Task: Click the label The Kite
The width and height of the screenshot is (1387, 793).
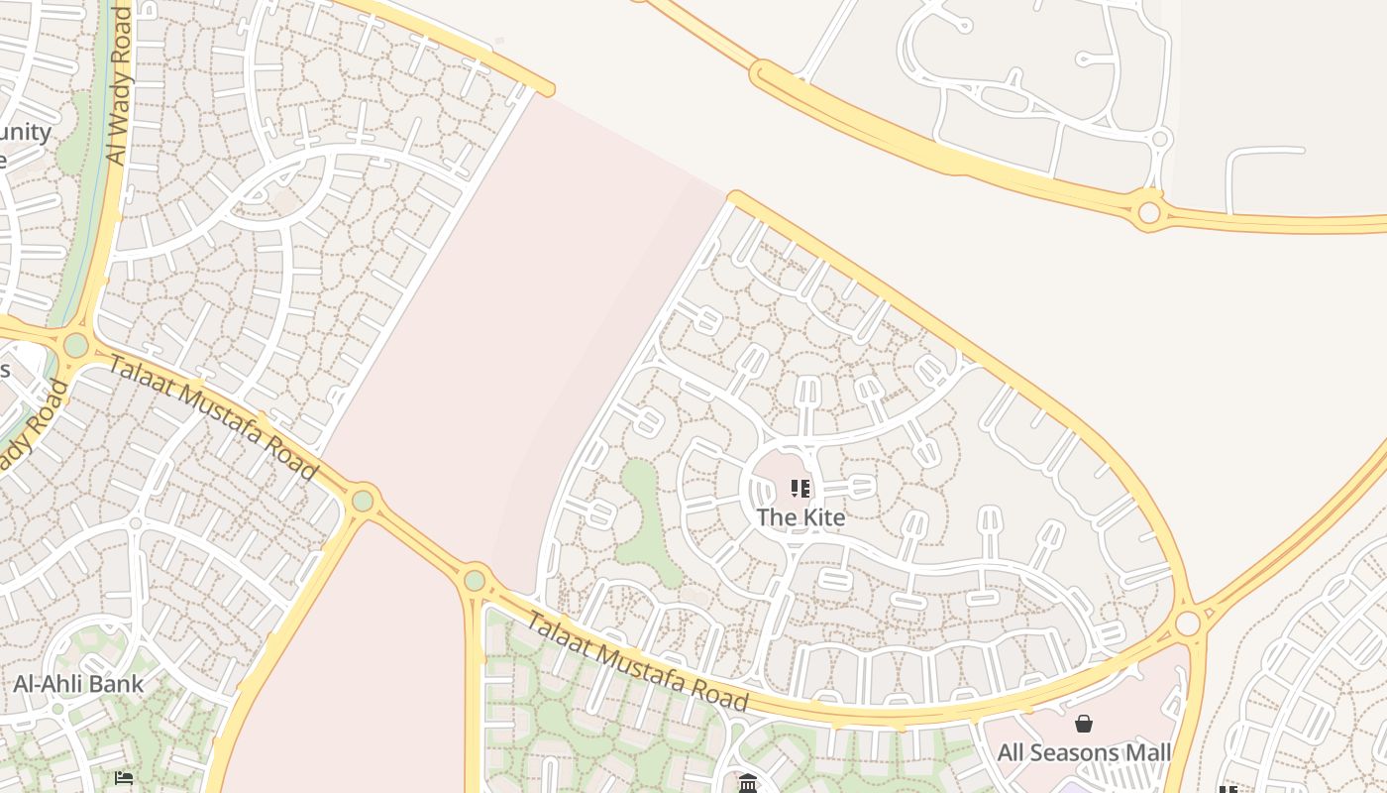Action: (x=800, y=517)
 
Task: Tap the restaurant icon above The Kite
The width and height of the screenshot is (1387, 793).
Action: (x=800, y=488)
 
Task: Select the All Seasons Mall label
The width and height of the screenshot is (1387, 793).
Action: (x=1084, y=752)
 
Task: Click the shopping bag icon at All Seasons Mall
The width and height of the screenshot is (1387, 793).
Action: (x=1084, y=725)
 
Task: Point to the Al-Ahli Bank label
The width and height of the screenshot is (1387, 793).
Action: (x=78, y=684)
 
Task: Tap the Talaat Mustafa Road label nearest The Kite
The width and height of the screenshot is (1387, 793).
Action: (x=636, y=661)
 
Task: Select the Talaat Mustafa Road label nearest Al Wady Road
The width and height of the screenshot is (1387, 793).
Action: (x=212, y=416)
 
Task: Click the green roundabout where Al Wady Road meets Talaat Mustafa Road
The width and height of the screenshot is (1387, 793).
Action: (x=75, y=346)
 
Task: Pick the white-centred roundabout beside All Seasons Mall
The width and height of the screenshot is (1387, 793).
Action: (x=1188, y=623)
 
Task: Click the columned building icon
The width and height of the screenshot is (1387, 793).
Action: (x=748, y=784)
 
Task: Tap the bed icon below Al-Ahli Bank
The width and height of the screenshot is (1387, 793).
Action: (x=124, y=778)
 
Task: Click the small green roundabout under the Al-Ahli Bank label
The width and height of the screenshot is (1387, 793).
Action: (x=57, y=708)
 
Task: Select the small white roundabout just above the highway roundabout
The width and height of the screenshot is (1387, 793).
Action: (x=1160, y=139)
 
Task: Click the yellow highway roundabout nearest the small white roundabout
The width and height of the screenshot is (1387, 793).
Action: (x=1149, y=212)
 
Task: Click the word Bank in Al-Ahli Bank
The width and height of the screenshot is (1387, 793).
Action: (x=117, y=684)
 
